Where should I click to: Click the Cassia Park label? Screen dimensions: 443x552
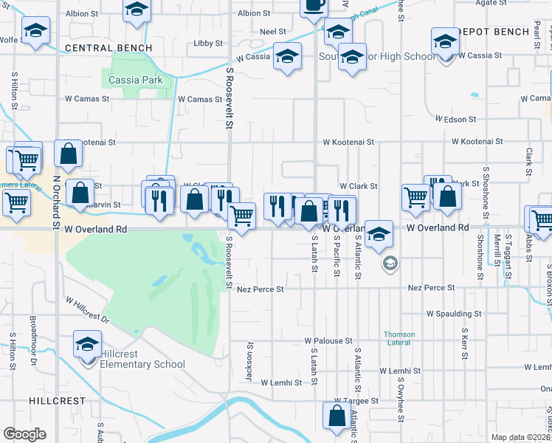129,80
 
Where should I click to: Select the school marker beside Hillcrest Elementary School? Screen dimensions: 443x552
87,345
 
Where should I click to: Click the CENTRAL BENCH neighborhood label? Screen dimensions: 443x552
108,48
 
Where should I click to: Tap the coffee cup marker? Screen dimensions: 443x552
314,5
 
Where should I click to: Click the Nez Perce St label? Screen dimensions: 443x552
261,289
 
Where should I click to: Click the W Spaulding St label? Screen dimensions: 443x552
453,314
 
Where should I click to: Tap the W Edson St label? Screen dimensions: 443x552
459,119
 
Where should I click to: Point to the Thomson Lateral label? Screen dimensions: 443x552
399,338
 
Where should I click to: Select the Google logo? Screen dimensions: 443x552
24,434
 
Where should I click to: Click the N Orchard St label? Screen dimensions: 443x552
56,202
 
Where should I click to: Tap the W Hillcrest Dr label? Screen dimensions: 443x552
87,310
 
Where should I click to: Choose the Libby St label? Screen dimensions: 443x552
208,44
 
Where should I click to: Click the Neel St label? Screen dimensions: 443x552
273,32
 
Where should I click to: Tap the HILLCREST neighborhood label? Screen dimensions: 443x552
58,399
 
